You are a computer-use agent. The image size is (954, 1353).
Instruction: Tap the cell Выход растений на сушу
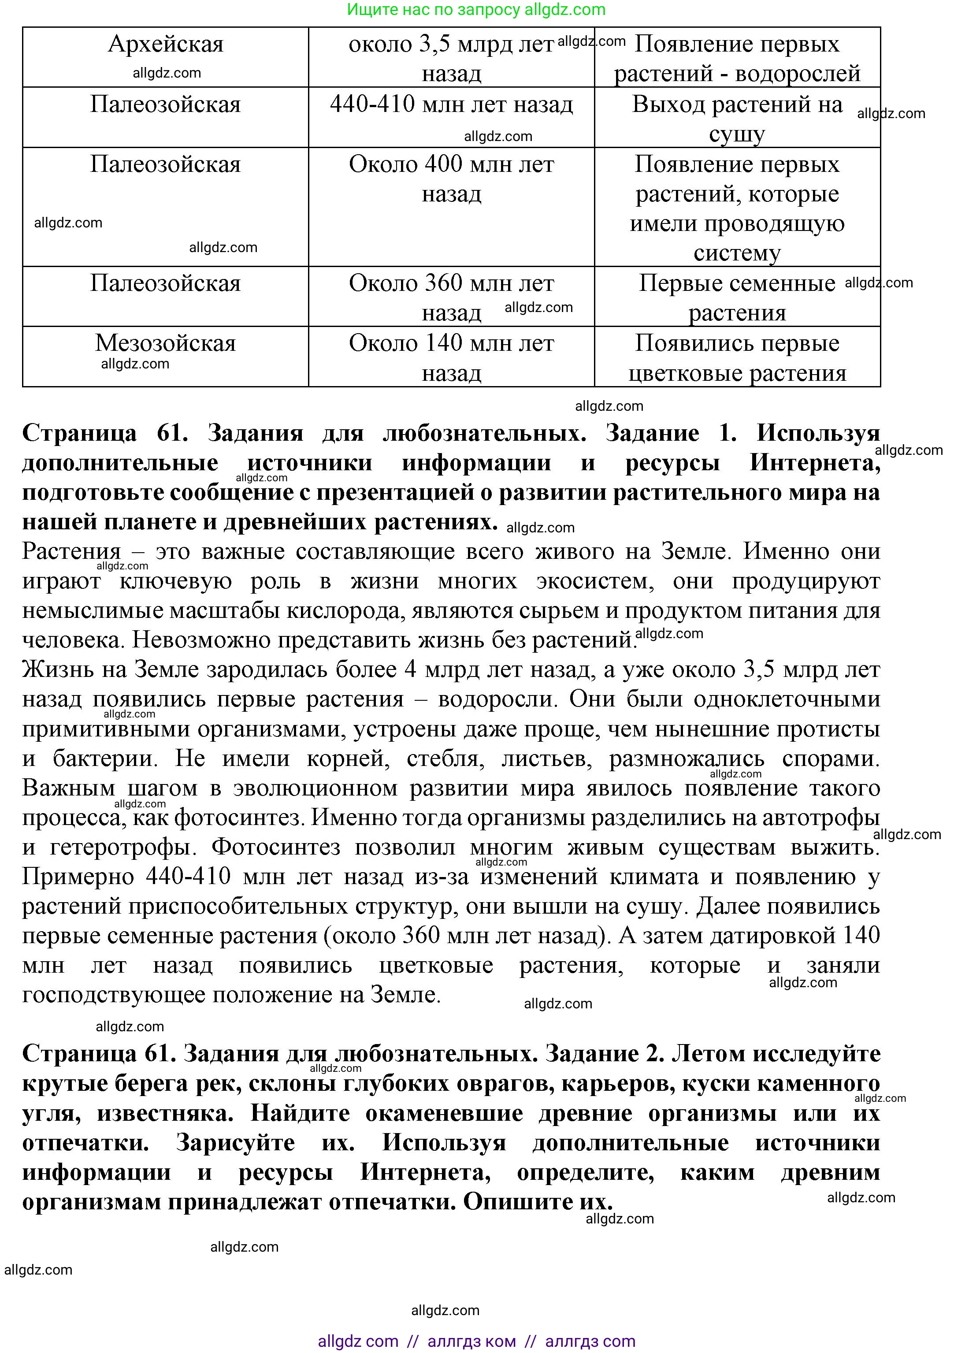[737, 118]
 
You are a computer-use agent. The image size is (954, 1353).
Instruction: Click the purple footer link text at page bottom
[476, 1341]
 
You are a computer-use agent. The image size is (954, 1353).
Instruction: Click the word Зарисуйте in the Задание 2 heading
[235, 1143]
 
